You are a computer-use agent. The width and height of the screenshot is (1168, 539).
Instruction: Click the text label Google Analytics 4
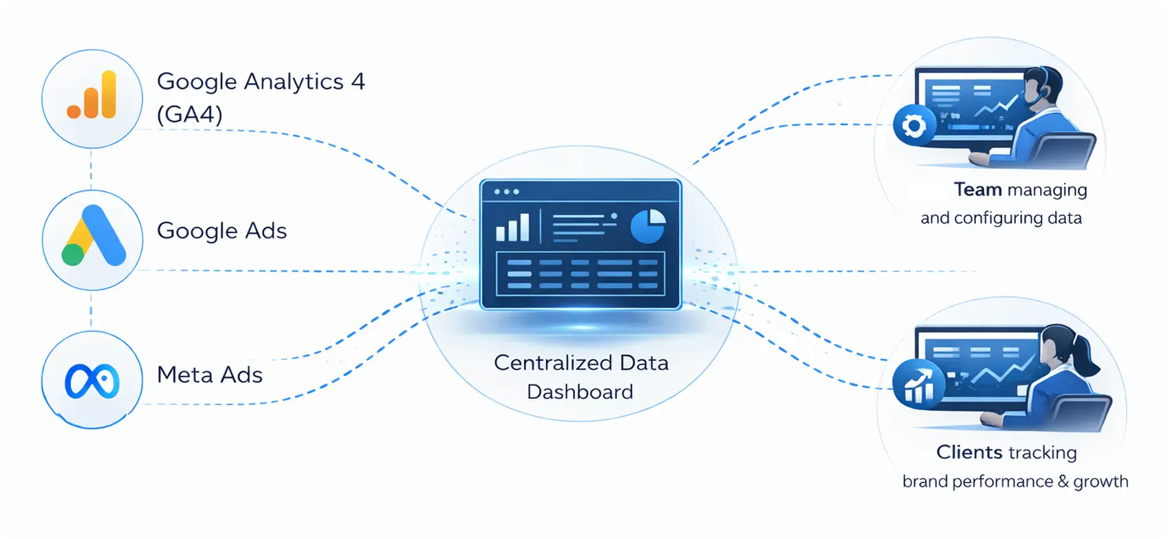pos(261,82)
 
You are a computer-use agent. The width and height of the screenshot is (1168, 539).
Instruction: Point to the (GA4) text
pos(190,114)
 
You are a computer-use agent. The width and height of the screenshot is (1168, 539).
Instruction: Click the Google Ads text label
pos(221,231)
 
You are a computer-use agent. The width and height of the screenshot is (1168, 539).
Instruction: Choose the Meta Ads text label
pos(210,375)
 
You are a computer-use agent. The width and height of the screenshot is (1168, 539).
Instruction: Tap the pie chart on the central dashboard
pos(648,226)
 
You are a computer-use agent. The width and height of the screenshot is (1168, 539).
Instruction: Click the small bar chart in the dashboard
pos(513,228)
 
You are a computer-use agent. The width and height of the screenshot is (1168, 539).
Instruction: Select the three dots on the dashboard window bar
pos(507,192)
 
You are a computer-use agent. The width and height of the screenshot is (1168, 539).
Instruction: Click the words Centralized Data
pos(581,363)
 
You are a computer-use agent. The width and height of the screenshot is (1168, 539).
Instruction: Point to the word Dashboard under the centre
pos(580,392)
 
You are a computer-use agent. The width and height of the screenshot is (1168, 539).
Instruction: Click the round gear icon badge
pos(914,126)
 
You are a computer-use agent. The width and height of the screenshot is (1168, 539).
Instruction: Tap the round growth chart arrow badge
pos(918,384)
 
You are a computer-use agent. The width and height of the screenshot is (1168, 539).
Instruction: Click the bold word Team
pos(977,190)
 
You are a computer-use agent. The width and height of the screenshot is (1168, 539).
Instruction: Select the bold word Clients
pos(969,452)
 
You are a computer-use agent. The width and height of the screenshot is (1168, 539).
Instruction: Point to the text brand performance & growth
pos(1015,481)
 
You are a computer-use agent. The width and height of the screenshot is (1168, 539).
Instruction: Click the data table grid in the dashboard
pos(581,274)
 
